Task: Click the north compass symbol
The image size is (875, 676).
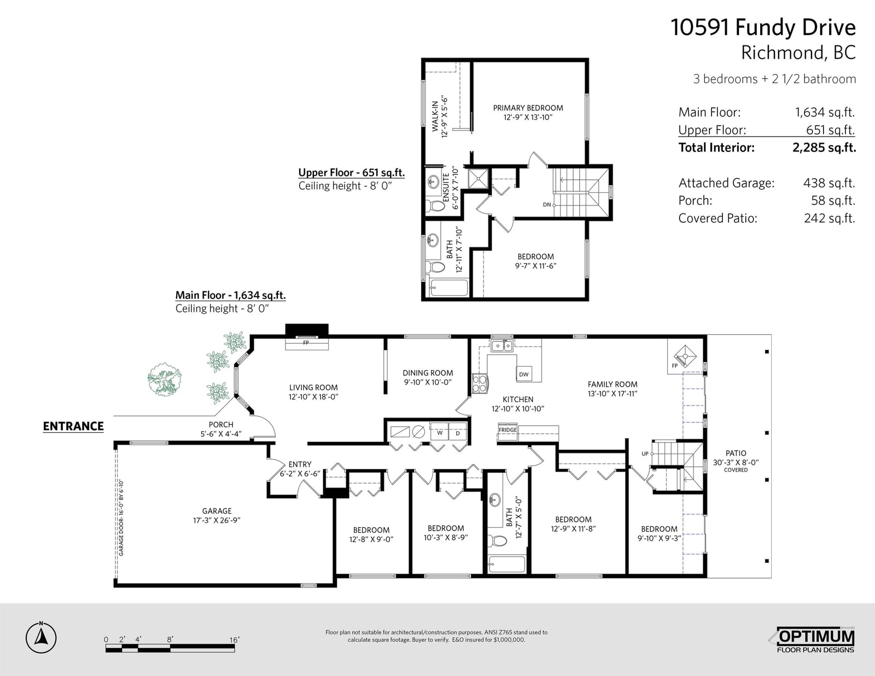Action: tap(40, 637)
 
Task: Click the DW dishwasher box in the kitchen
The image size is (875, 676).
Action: tap(524, 374)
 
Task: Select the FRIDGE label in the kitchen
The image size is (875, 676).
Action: tap(507, 430)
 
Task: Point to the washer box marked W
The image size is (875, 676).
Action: tap(440, 432)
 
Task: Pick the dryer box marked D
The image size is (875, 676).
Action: tap(457, 432)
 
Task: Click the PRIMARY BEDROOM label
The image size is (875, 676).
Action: tap(528, 108)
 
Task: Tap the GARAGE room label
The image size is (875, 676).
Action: tap(217, 511)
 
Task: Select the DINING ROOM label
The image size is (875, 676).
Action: tap(428, 373)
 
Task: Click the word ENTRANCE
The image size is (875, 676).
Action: tap(73, 426)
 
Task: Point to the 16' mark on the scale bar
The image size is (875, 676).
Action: tap(235, 639)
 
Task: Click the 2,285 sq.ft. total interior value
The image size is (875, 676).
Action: tap(824, 148)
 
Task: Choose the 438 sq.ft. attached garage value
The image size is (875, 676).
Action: tap(829, 183)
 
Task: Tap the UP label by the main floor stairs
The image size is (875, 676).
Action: tap(645, 454)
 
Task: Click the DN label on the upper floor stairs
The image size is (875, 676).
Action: tap(547, 204)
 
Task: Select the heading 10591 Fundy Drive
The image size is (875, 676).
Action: tap(763, 28)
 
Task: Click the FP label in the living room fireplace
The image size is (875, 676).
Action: tap(306, 343)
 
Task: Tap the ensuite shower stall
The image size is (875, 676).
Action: tap(478, 178)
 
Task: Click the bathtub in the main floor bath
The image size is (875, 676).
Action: tap(506, 564)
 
